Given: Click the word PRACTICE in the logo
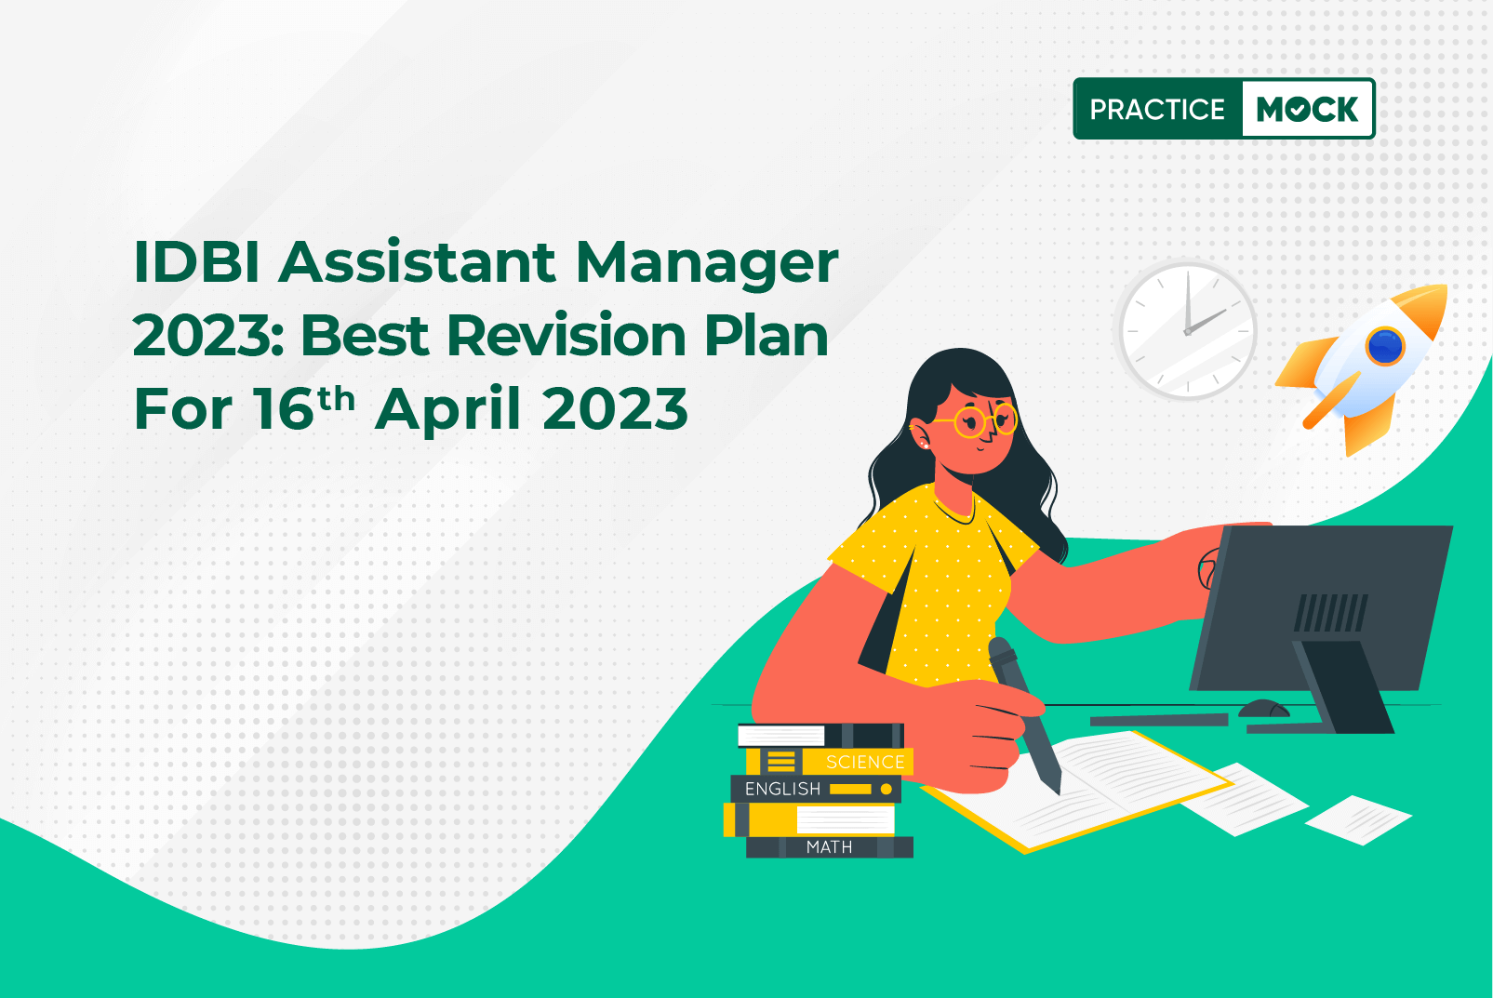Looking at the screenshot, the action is click(1157, 109).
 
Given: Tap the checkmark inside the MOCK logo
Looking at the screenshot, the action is click(1299, 110).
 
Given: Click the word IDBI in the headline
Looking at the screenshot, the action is click(196, 262).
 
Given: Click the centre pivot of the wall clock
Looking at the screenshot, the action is click(1187, 331).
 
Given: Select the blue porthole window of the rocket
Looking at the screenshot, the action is click(1385, 346).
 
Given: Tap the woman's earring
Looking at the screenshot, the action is click(925, 445).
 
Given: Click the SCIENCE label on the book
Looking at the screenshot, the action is click(865, 762).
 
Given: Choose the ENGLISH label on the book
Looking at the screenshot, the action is click(782, 790).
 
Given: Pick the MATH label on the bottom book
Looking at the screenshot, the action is click(829, 847).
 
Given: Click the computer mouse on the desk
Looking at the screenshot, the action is click(1263, 708).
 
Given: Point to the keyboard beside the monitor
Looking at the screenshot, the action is click(1159, 720).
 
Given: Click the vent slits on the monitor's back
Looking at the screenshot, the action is click(1330, 613).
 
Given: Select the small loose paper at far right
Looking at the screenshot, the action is click(1358, 820).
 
